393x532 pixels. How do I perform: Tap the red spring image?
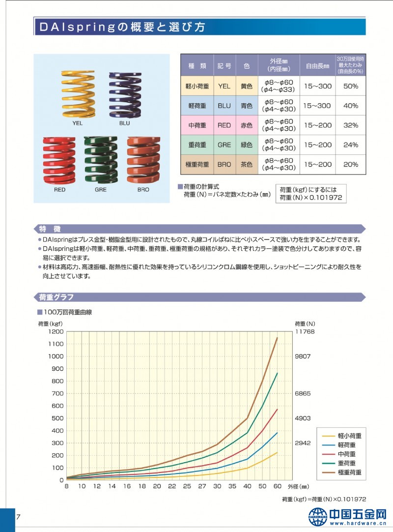59,159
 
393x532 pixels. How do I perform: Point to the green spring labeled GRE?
100,159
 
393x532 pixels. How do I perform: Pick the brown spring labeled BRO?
143,159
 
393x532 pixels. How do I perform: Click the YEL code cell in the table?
224,86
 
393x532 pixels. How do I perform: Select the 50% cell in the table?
350,86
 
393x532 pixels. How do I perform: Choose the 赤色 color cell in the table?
247,125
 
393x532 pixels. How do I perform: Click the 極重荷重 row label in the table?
197,165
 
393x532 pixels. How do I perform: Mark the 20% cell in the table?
350,165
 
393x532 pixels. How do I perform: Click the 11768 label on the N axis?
305,332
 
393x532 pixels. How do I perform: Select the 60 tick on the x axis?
277,487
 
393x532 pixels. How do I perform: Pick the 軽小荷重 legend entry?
350,436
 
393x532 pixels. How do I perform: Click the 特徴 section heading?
50,229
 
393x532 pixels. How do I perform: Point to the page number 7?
18,517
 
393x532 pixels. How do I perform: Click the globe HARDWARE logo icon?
317,517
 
